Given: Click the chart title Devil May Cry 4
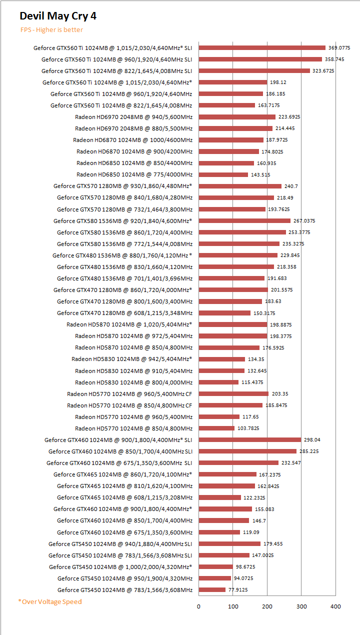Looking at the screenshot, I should pyautogui.click(x=58, y=16).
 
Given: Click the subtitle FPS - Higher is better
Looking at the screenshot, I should pyautogui.click(x=51, y=30).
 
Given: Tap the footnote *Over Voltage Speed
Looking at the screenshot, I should pyautogui.click(x=50, y=601).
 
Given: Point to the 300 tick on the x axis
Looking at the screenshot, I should pyautogui.click(x=301, y=606).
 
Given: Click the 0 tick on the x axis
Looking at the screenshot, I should pyautogui.click(x=198, y=606).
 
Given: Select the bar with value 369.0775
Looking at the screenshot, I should pyautogui.click(x=262, y=48).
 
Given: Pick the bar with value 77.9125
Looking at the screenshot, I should pyautogui.click(x=212, y=590).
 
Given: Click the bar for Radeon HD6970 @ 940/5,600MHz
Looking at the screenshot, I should pyautogui.click(x=237, y=117).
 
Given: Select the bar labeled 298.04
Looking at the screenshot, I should pyautogui.click(x=250, y=440).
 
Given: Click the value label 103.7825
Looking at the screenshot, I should pyautogui.click(x=248, y=428).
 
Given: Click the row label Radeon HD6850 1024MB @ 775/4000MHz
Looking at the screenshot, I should pyautogui.click(x=134, y=174).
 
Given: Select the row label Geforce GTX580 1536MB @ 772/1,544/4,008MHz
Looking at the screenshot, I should pyautogui.click(x=124, y=244).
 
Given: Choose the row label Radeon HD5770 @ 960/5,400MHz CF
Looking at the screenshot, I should pyautogui.click(x=129, y=394).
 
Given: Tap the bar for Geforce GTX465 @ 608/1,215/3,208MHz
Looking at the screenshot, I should pyautogui.click(x=219, y=497).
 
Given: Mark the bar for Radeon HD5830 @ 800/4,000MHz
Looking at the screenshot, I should pyautogui.click(x=218, y=382).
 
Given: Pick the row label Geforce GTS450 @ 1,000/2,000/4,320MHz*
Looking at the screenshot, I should pyautogui.click(x=120, y=567).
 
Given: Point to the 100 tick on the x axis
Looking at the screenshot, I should pyautogui.click(x=233, y=606).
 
